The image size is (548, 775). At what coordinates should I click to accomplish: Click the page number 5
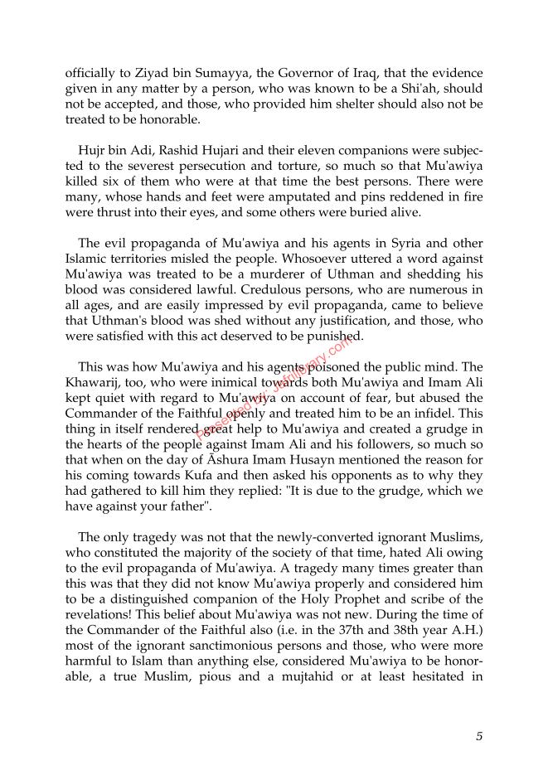click(479, 735)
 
